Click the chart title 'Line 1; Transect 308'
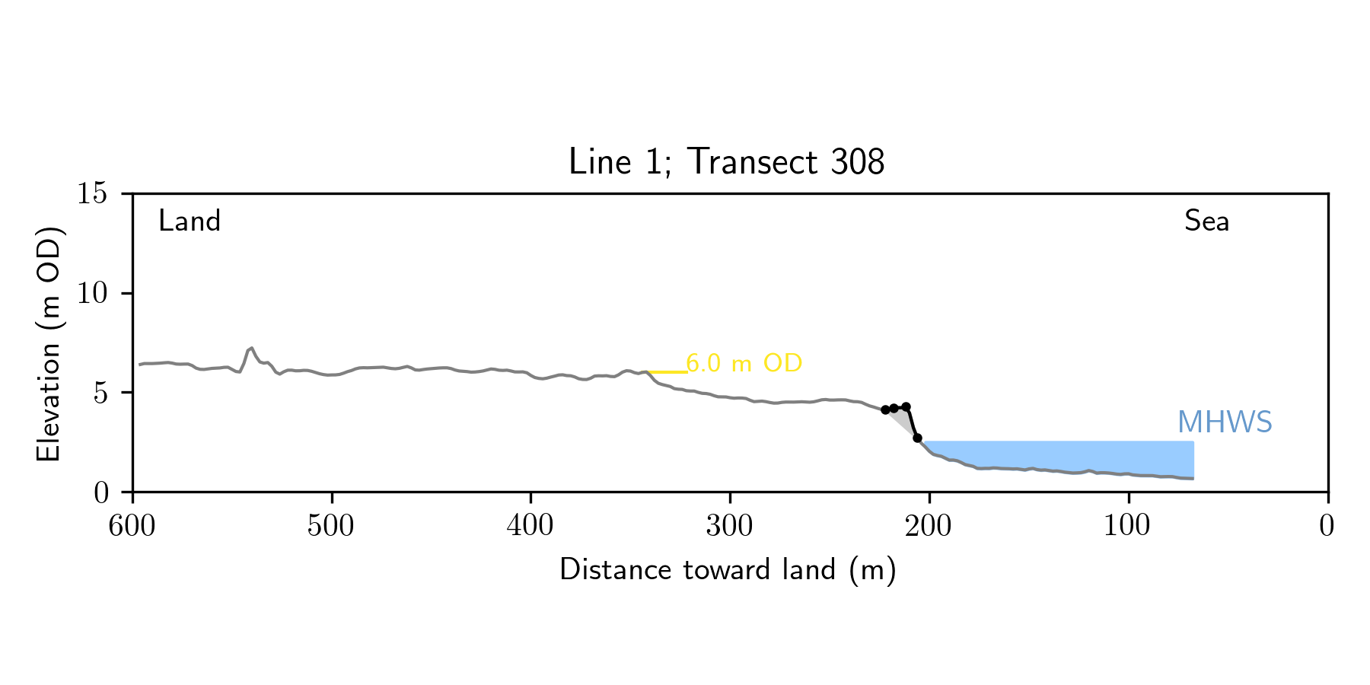point(726,161)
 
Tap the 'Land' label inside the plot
point(189,221)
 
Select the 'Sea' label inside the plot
point(1206,221)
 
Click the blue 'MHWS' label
point(1225,422)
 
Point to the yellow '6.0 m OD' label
point(744,364)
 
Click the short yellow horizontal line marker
point(667,372)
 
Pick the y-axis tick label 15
point(92,194)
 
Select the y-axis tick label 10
point(92,293)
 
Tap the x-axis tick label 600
point(132,526)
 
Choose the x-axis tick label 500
point(331,526)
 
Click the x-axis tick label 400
point(530,526)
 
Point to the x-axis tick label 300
point(729,526)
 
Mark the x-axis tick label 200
point(929,526)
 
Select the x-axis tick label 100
point(1127,526)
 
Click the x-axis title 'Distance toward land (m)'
point(728,570)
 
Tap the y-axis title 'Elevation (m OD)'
point(49,342)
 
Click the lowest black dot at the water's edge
point(918,438)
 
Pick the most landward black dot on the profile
point(885,410)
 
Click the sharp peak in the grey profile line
point(251,348)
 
